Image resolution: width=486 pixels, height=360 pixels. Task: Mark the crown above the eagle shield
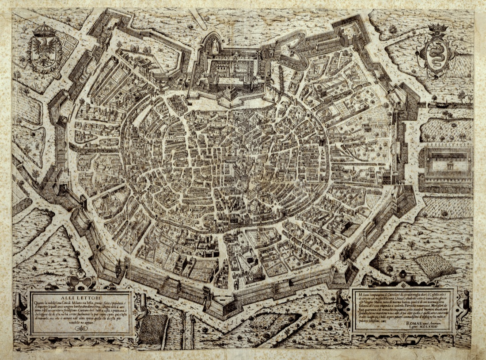[43, 30]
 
